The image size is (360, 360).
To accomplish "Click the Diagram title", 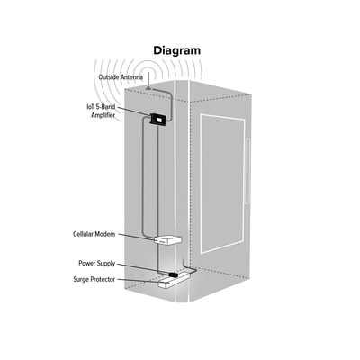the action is tap(177, 51).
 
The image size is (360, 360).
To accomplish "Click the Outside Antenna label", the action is tap(121, 77).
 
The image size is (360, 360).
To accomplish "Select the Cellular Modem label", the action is tap(94, 234).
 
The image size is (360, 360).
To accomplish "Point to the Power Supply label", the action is tap(97, 264).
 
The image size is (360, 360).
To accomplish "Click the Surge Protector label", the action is tap(94, 279).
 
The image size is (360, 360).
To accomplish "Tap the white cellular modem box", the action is tap(168, 240).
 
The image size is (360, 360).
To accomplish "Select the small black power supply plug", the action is tap(174, 274).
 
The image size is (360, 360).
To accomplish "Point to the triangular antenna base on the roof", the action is tap(148, 87).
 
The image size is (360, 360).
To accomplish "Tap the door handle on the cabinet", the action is tap(247, 171).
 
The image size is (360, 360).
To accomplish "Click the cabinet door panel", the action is tap(222, 184).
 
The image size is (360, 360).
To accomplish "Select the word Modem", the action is tap(105, 234).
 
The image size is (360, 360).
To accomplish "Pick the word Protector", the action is tap(103, 279).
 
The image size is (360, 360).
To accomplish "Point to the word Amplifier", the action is tap(103, 115).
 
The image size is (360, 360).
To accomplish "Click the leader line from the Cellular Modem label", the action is tap(136, 237).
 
